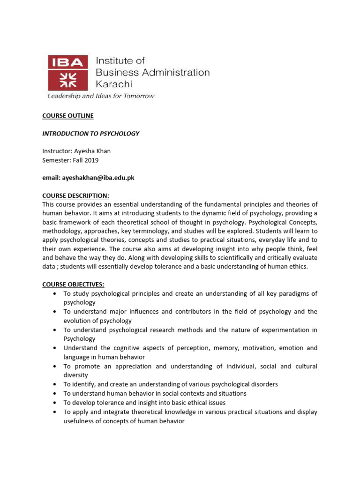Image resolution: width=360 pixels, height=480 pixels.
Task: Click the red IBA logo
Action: [x=67, y=72]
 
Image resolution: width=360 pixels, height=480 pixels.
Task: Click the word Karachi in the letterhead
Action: [x=114, y=84]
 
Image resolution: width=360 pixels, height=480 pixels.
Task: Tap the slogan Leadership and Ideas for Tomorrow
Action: [x=100, y=96]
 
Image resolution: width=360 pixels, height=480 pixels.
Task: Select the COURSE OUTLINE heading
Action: [x=68, y=116]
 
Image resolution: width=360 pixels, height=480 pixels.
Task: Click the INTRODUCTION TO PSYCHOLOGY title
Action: [x=91, y=134]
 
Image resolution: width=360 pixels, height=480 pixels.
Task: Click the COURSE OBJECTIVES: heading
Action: [x=74, y=285]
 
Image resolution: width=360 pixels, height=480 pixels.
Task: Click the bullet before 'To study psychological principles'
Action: [x=55, y=294]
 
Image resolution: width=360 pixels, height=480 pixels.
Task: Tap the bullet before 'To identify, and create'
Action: [x=55, y=384]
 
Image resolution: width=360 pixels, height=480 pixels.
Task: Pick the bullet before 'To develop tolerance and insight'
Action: [x=55, y=403]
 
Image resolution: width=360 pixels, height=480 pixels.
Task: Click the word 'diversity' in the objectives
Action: [x=75, y=375]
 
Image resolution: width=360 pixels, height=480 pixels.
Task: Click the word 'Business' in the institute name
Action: [x=115, y=73]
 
